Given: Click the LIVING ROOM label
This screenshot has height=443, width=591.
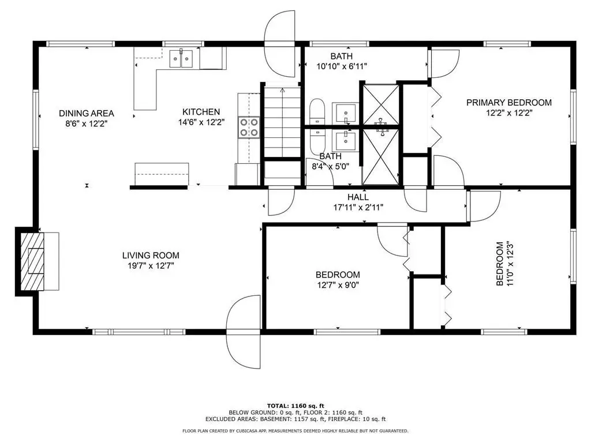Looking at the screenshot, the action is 151,256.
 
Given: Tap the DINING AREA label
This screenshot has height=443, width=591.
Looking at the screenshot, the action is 87,113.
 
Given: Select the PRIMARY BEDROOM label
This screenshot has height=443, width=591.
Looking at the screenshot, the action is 509,103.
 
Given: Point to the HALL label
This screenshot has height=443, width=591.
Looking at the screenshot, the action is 358,197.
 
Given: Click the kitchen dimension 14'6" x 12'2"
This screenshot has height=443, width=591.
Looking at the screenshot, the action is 201,122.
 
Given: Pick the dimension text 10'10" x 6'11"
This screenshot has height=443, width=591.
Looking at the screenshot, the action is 342,67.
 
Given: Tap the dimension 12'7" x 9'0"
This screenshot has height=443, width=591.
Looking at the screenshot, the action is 338,285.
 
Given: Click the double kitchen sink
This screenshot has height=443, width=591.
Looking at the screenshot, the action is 181,59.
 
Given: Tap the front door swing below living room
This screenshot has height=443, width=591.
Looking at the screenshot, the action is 244,332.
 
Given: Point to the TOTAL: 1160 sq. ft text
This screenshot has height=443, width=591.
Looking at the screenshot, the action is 295,406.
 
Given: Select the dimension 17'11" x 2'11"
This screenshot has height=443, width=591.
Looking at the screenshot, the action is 358,207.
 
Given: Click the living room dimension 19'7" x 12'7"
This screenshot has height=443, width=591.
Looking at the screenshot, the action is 151,266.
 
